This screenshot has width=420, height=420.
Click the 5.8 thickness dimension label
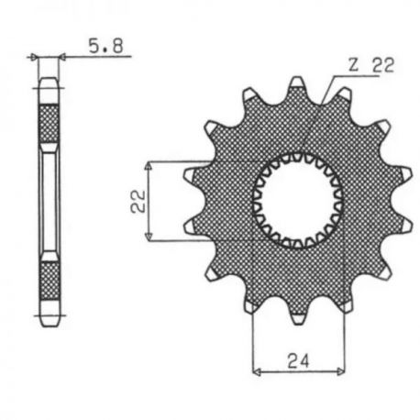[105, 46]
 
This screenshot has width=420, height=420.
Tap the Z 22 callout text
[371, 65]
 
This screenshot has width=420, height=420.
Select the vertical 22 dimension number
[138, 201]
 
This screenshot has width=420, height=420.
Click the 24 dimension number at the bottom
[298, 360]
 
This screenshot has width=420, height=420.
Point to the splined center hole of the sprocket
[297, 200]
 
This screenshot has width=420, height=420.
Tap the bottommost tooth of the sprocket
[297, 315]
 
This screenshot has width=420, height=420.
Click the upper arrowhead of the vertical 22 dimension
[149, 165]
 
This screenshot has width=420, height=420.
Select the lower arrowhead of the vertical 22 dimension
[149, 237]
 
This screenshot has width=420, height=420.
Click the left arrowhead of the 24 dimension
[257, 371]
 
